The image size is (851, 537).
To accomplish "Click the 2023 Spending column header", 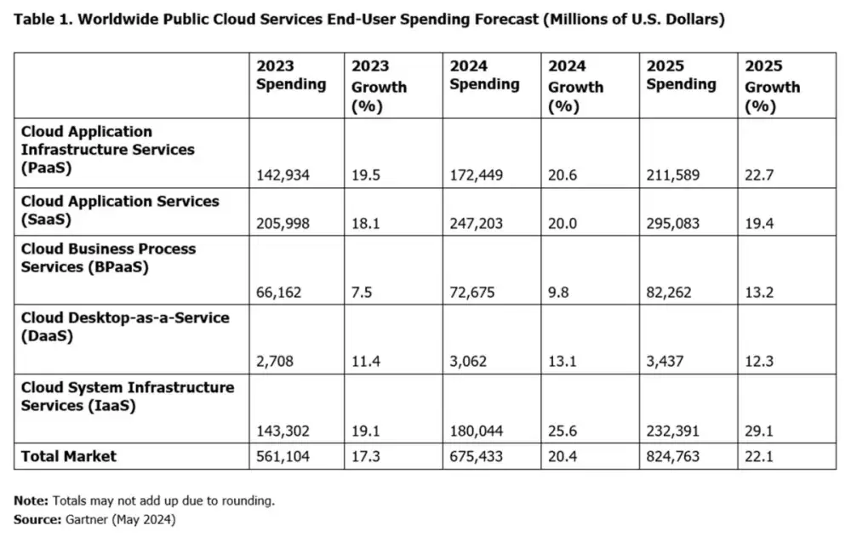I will pyautogui.click(x=291, y=75).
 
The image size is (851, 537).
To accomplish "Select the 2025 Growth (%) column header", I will pyautogui.click(x=772, y=86).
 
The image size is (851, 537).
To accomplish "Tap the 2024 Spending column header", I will pyautogui.click(x=484, y=75).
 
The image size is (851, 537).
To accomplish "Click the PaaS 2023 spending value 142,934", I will pyautogui.click(x=283, y=175).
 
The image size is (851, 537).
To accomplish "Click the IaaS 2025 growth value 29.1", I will pyautogui.click(x=759, y=431).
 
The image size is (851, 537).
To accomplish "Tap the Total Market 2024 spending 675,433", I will pyautogui.click(x=477, y=456).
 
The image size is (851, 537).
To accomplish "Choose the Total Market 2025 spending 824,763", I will pyautogui.click(x=673, y=456).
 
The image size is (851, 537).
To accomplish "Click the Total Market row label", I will pyautogui.click(x=69, y=456).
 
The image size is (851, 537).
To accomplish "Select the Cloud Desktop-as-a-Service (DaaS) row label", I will pyautogui.click(x=125, y=326).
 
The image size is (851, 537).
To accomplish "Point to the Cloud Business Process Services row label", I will pyautogui.click(x=108, y=258).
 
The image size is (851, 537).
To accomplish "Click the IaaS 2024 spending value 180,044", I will pyautogui.click(x=477, y=431).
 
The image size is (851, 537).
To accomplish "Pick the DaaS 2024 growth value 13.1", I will pyautogui.click(x=563, y=361).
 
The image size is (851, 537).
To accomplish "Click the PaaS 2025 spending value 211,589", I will pyautogui.click(x=673, y=175).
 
